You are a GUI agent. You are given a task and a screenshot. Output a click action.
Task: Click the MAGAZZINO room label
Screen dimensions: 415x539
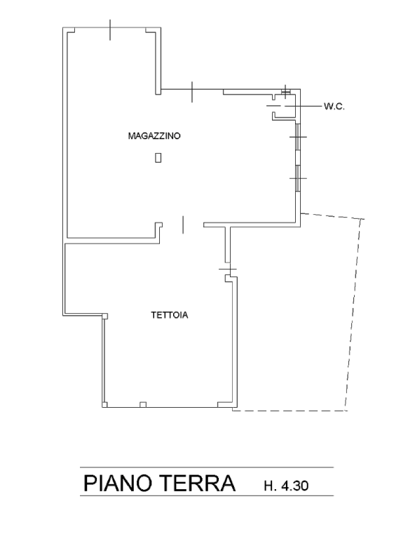tap(154, 135)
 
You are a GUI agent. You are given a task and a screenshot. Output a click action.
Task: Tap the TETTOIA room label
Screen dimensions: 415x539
tap(170, 315)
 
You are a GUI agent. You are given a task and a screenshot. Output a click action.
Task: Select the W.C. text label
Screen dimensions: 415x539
tap(334, 106)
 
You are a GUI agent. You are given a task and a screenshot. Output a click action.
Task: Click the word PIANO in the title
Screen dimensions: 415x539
tap(117, 483)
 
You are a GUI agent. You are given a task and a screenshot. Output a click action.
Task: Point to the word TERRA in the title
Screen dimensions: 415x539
tap(198, 483)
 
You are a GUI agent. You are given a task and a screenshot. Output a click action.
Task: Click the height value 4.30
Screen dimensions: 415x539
tap(294, 486)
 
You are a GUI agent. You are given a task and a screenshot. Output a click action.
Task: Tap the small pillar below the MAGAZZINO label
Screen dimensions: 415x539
tap(158, 157)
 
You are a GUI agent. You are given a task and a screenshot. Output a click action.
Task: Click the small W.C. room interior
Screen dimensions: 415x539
tap(284, 107)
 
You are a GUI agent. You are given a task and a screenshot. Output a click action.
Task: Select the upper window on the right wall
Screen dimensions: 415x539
tap(298, 137)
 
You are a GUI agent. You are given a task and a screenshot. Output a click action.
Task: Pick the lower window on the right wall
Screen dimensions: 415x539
tap(298, 178)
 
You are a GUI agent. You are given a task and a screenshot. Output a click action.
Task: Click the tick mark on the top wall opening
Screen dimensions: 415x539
tap(110, 30)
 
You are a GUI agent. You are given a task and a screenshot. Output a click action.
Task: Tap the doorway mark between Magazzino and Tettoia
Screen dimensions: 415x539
tap(182, 225)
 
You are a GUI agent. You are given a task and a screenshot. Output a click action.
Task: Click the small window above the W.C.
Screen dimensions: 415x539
tap(285, 91)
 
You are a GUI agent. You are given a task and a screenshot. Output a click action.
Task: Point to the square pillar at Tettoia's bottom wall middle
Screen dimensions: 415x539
tap(143, 404)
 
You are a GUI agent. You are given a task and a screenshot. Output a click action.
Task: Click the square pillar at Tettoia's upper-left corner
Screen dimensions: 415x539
tap(105, 316)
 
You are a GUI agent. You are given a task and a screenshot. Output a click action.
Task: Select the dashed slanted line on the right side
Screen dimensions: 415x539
tap(353, 314)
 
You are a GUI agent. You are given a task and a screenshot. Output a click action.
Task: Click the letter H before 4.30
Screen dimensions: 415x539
tap(269, 486)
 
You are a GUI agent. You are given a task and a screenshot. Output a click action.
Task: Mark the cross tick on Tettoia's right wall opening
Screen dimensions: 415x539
tap(228, 269)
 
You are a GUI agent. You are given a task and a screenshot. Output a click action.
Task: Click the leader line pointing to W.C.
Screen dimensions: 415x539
tap(304, 106)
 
